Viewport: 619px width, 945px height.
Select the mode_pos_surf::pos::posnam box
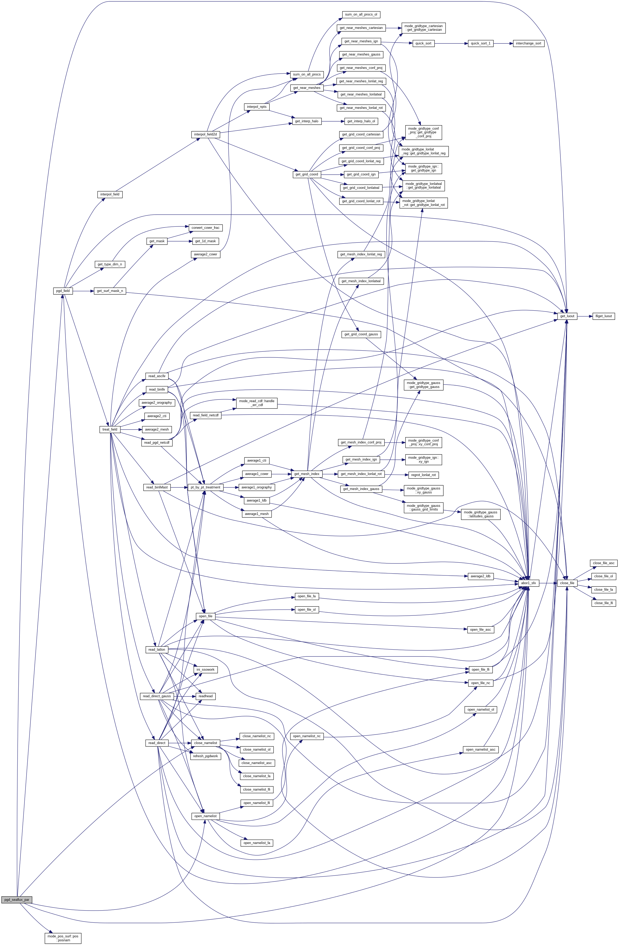pos(63,927)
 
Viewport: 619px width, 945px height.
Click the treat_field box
pos(110,429)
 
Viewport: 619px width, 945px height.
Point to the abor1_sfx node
pos(528,583)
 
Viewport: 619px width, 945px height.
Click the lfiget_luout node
pos(603,316)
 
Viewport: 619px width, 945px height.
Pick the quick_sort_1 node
pos(480,43)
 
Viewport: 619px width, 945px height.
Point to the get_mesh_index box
pos(307,474)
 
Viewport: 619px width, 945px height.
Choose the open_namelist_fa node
pos(257,843)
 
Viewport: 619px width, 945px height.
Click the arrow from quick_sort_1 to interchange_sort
pos(503,43)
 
